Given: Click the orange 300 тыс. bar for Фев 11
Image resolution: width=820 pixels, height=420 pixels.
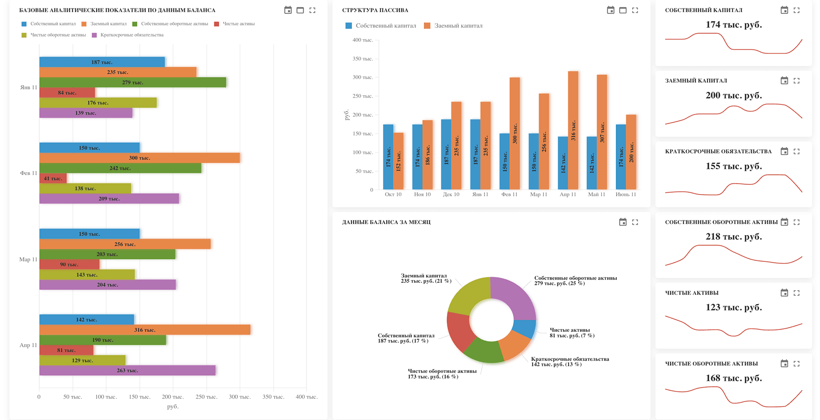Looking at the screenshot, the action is [x=139, y=158].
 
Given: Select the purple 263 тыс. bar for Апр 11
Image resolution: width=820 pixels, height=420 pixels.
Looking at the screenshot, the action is [x=127, y=371].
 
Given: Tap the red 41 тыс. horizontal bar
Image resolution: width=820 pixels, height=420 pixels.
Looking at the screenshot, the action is [x=53, y=178].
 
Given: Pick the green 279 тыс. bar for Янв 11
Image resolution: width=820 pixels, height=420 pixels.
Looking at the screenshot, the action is [x=133, y=82].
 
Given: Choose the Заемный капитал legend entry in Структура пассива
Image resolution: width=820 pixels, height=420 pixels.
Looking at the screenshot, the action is [x=453, y=26].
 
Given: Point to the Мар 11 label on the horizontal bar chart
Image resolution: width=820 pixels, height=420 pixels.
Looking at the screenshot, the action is [x=28, y=259].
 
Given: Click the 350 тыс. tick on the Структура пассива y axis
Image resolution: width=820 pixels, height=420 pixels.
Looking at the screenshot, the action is [x=363, y=59].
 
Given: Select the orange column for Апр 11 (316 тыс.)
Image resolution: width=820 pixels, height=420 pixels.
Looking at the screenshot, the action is [x=573, y=130].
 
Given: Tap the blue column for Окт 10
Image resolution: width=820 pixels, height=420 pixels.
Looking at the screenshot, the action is [x=388, y=157].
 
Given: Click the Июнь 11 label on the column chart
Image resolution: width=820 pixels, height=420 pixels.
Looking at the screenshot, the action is [x=626, y=195].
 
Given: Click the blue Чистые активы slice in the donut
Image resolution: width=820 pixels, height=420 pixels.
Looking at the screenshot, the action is [x=525, y=329].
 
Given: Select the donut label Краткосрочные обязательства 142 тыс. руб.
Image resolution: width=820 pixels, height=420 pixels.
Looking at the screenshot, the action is [x=570, y=362].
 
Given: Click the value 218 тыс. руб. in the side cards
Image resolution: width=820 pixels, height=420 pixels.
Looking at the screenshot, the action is [x=734, y=237].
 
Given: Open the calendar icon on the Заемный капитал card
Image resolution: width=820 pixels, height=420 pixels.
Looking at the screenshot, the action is [x=784, y=81].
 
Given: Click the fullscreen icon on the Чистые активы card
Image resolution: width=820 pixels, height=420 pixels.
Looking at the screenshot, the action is [x=797, y=293].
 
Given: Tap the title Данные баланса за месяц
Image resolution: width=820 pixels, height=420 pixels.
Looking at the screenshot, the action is [x=386, y=222].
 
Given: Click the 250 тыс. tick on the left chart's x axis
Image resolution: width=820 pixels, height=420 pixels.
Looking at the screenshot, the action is [x=206, y=397].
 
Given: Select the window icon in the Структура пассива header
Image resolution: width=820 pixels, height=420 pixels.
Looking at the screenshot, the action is [x=623, y=10].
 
